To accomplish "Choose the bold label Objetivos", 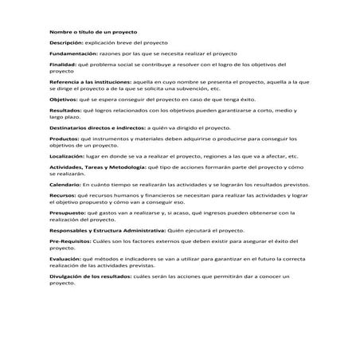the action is [65, 99].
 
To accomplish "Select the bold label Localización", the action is [67, 156].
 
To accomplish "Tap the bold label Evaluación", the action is [65, 258].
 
